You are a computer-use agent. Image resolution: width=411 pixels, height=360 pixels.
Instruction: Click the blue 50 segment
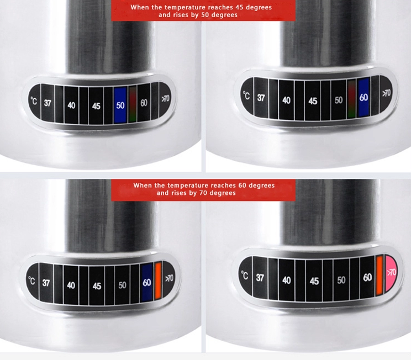click(x=120, y=104)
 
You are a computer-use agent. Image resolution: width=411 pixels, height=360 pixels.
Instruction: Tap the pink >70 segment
click(x=392, y=272)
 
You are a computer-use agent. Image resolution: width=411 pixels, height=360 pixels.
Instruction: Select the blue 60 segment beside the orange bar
click(x=147, y=282)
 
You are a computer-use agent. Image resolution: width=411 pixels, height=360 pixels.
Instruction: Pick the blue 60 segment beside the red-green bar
click(x=363, y=97)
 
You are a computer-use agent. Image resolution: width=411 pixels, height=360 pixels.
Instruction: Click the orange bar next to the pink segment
click(x=380, y=275)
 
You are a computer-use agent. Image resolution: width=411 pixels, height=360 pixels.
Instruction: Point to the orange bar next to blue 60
click(x=158, y=280)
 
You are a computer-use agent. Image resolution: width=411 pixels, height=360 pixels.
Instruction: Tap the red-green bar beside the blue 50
click(x=133, y=103)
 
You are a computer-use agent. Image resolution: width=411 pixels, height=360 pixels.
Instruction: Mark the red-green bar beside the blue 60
click(x=351, y=98)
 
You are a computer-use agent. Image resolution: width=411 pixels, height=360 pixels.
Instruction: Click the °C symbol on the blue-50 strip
click(x=34, y=102)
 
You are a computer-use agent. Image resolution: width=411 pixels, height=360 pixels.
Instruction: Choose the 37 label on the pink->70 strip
click(x=260, y=278)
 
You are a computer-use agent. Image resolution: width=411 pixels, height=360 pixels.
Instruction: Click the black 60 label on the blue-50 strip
click(x=144, y=103)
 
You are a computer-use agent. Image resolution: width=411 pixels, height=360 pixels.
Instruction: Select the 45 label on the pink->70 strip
click(x=314, y=281)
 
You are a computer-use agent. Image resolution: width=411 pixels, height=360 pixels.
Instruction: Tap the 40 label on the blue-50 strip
click(x=71, y=105)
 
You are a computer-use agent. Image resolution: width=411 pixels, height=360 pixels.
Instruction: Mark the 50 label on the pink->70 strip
click(x=341, y=280)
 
